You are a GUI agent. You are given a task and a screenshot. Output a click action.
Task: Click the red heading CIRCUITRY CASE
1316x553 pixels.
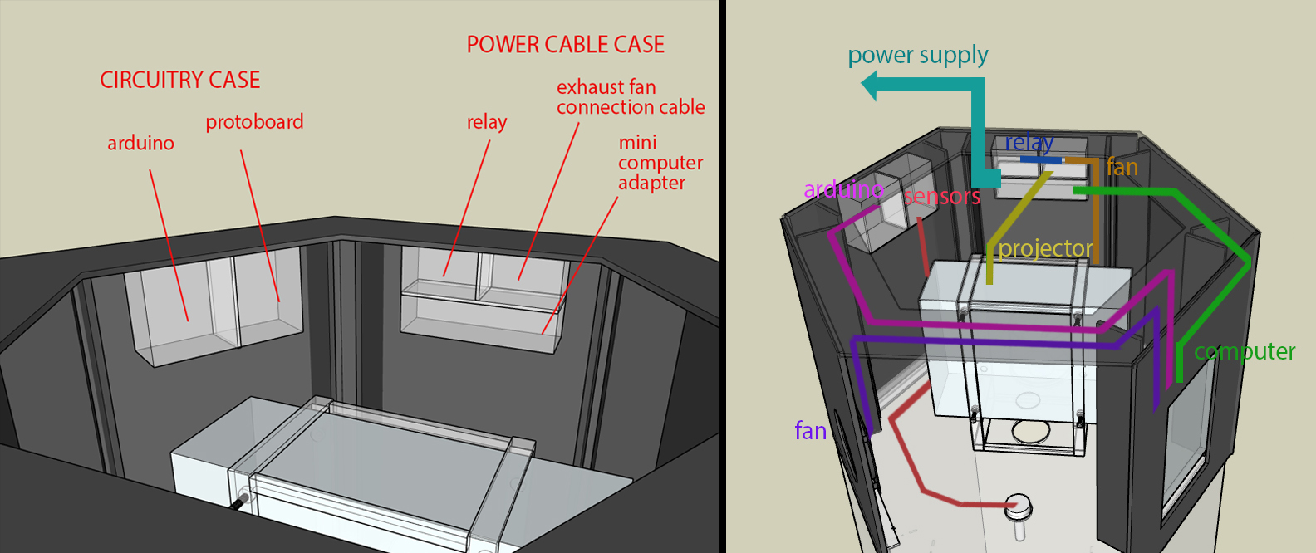pyautogui.click(x=179, y=80)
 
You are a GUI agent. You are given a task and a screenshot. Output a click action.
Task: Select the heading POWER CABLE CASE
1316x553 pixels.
pyautogui.click(x=565, y=45)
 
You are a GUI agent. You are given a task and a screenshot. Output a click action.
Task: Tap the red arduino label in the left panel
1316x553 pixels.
pyautogui.click(x=140, y=143)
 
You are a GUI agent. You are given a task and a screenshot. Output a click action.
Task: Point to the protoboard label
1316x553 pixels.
pyautogui.click(x=254, y=122)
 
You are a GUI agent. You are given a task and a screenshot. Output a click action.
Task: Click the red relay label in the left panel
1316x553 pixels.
pyautogui.click(x=486, y=122)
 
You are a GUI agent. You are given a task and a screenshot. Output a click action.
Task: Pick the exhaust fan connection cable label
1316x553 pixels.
pyautogui.click(x=630, y=97)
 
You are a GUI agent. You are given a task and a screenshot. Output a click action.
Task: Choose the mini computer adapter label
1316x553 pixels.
pyautogui.click(x=660, y=163)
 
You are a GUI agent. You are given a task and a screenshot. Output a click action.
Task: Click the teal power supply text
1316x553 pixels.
pyautogui.click(x=917, y=56)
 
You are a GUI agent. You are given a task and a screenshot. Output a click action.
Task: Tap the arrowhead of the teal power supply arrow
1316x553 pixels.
pyautogui.click(x=870, y=86)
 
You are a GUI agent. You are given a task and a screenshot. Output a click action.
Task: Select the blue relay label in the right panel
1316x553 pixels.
pyautogui.click(x=1029, y=143)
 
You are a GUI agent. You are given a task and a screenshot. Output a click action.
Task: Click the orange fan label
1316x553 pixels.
pyautogui.click(x=1122, y=168)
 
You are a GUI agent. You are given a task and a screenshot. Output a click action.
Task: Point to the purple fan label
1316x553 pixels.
pyautogui.click(x=810, y=431)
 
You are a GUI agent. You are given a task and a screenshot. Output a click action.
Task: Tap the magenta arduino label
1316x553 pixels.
pyautogui.click(x=842, y=189)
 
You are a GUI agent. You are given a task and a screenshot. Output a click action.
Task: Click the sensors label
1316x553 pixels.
pyautogui.click(x=941, y=197)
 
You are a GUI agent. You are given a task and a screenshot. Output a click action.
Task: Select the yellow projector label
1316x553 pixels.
pyautogui.click(x=1045, y=248)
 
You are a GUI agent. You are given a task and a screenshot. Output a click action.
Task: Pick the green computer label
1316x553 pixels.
pyautogui.click(x=1244, y=352)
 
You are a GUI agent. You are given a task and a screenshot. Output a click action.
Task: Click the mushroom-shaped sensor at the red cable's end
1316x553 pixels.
pyautogui.click(x=1019, y=505)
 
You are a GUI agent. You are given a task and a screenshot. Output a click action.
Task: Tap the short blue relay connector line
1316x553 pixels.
pyautogui.click(x=1041, y=159)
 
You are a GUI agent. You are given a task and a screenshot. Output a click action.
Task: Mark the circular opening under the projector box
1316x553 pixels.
pyautogui.click(x=1029, y=431)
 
